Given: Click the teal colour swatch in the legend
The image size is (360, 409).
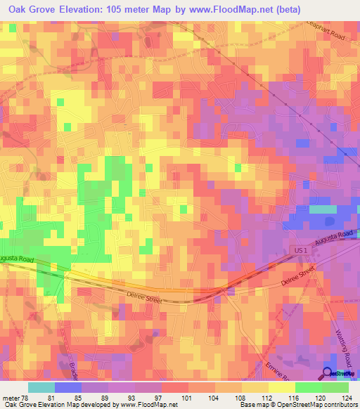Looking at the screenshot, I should pos(41,387).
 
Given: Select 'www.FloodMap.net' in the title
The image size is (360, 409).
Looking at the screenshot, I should pos(225,9).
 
